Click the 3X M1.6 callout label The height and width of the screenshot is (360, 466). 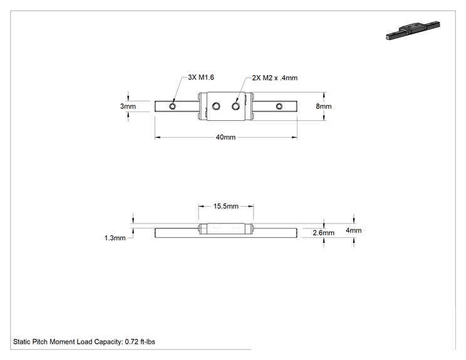pyautogui.click(x=201, y=77)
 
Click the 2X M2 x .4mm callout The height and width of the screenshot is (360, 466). pyautogui.click(x=274, y=78)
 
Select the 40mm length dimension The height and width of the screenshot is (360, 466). pyautogui.click(x=225, y=137)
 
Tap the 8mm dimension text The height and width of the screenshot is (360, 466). pyautogui.click(x=324, y=106)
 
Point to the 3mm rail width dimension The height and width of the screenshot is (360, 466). pyautogui.click(x=128, y=106)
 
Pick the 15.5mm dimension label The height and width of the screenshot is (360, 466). pyautogui.click(x=226, y=206)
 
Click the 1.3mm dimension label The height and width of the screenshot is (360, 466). pyautogui.click(x=115, y=238)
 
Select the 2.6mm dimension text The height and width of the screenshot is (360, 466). pyautogui.click(x=323, y=233)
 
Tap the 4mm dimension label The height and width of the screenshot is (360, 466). pyautogui.click(x=354, y=230)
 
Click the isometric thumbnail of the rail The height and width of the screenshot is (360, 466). pyautogui.click(x=413, y=30)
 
